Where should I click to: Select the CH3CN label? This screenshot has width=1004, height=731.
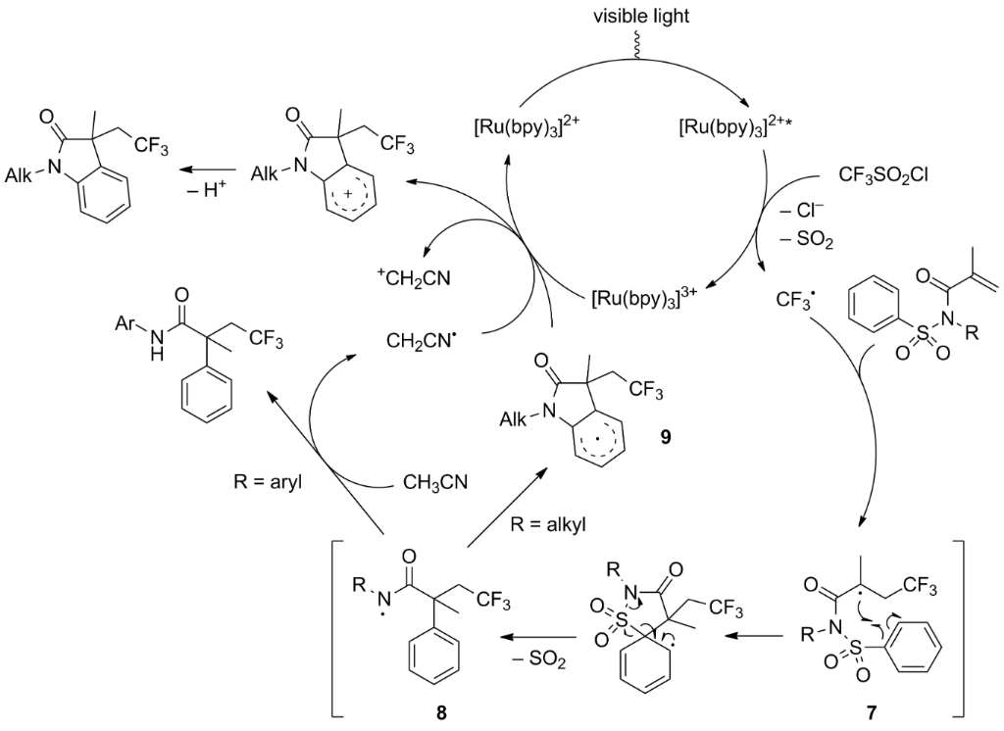click(x=435, y=482)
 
